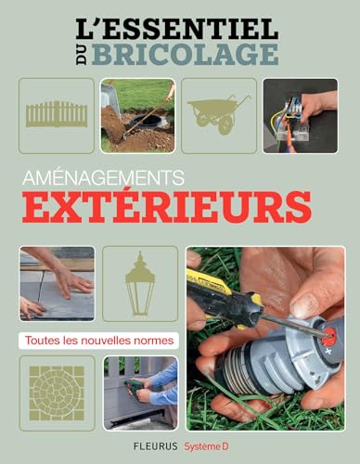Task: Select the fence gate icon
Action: (57, 115)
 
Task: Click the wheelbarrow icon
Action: (218, 115)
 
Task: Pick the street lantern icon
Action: (139, 283)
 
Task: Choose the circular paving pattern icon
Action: (57, 393)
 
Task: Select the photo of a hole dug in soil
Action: (138, 115)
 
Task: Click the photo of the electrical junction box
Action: (299, 115)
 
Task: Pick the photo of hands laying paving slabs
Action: (57, 283)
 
